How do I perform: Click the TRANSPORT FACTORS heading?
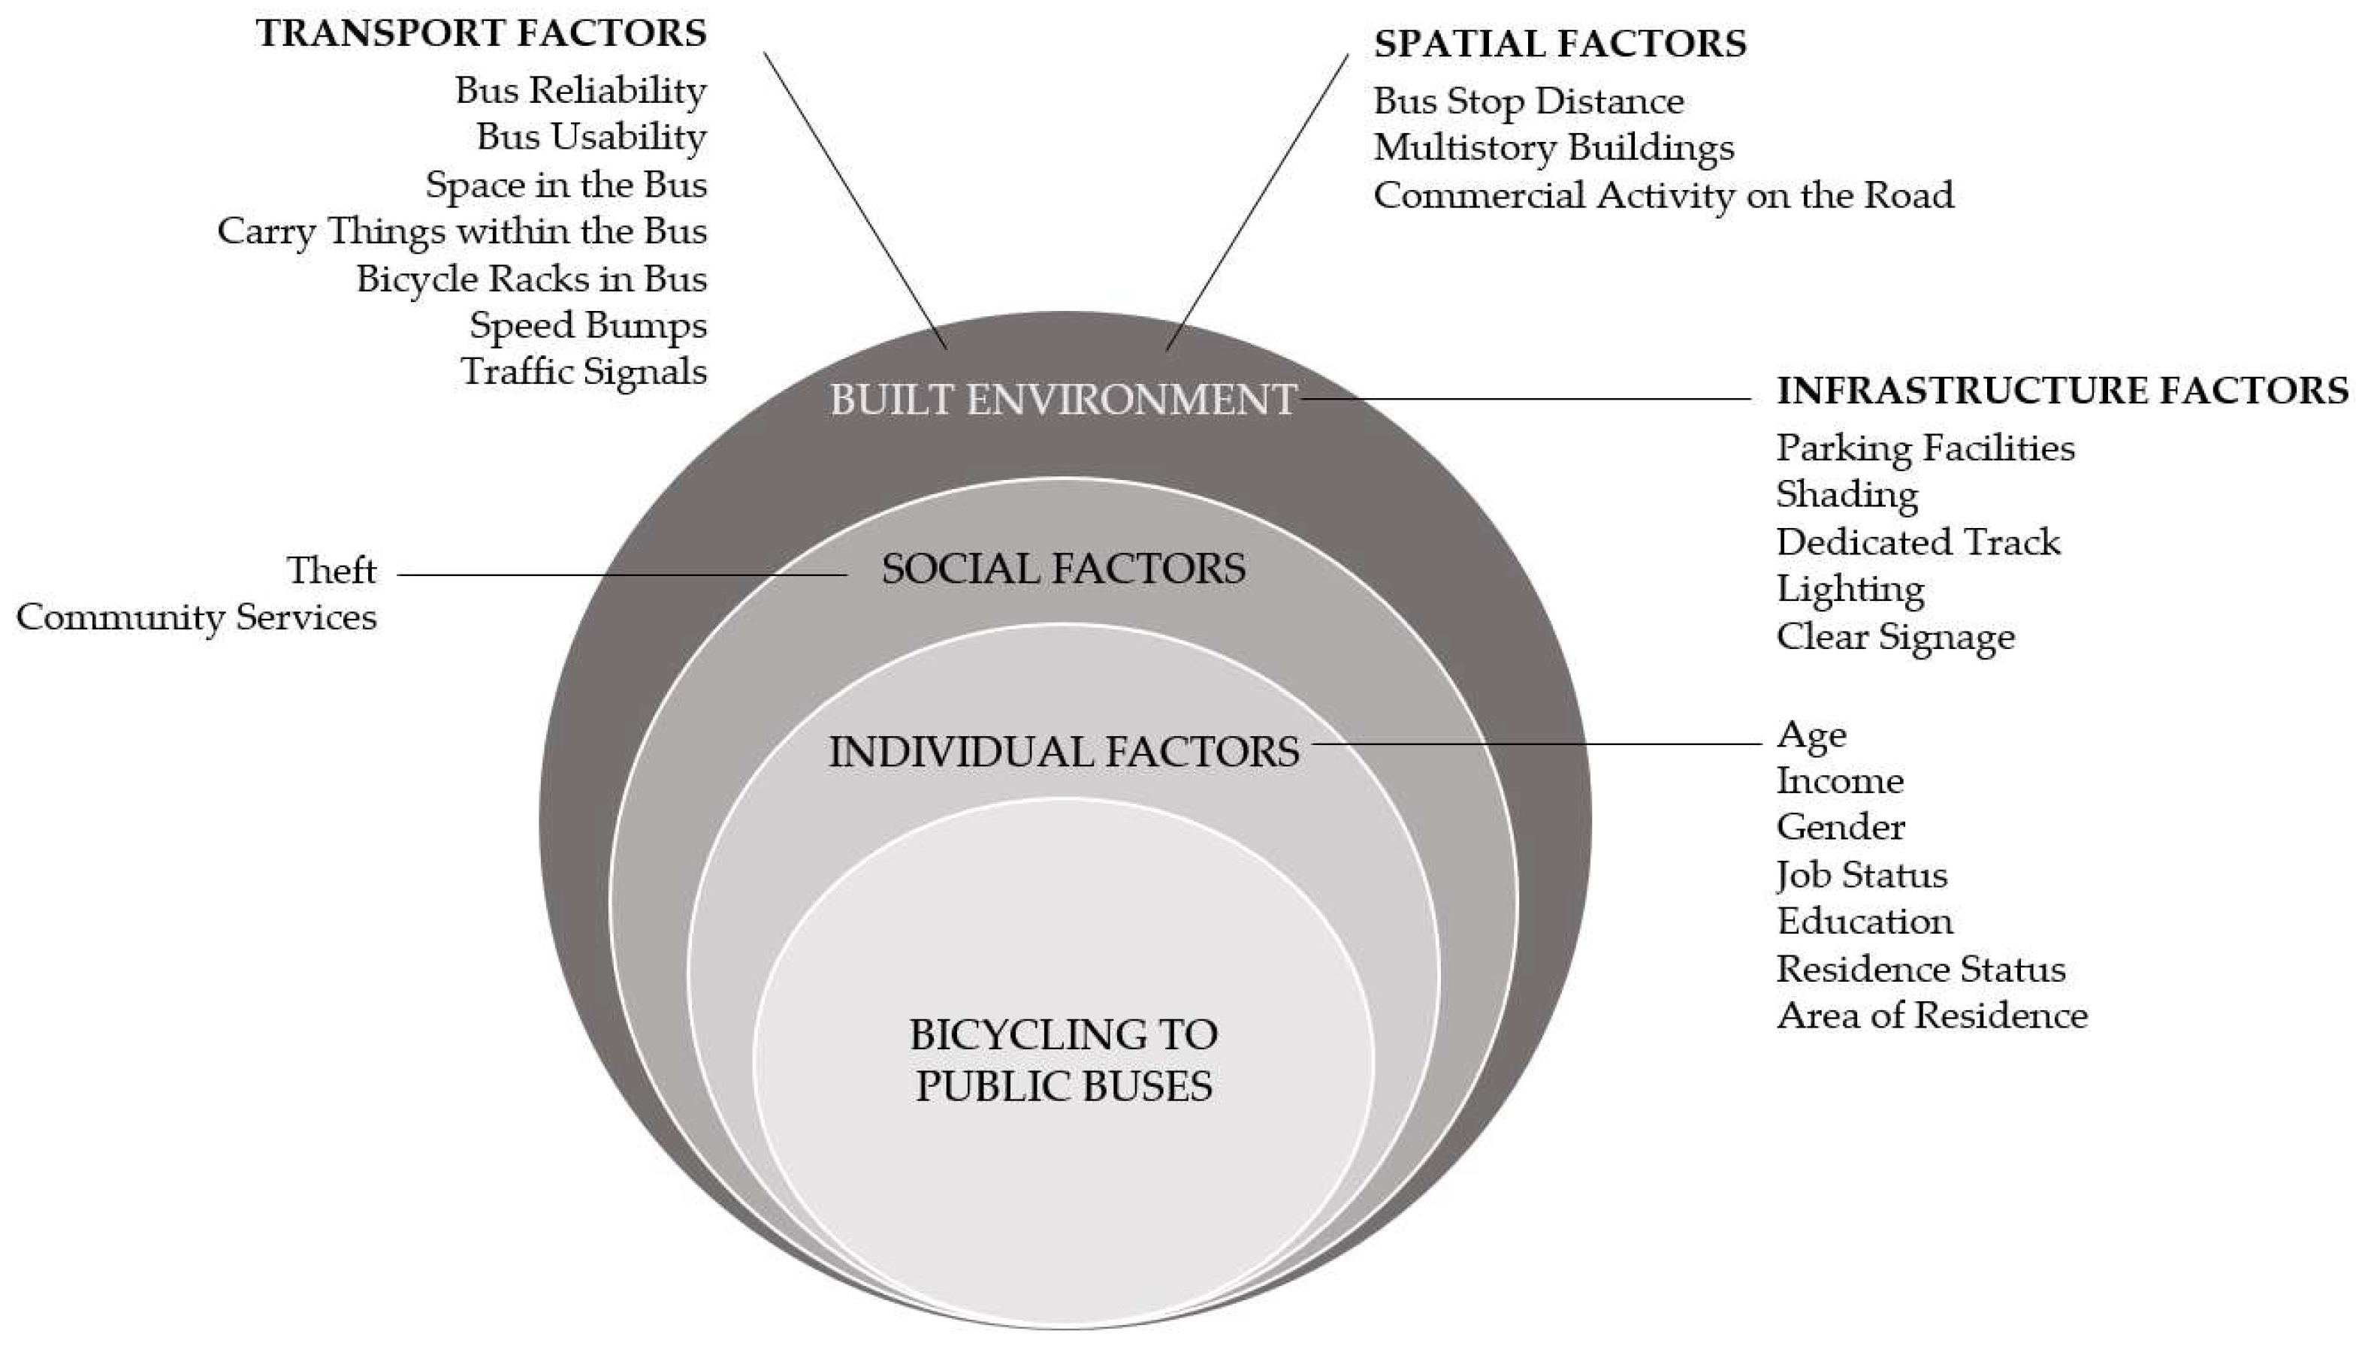pyautogui.click(x=481, y=33)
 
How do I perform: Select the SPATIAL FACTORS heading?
pyautogui.click(x=1560, y=44)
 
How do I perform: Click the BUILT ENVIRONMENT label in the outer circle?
pyautogui.click(x=1062, y=400)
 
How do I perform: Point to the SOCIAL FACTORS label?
pyautogui.click(x=1063, y=569)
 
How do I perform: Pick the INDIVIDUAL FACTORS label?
pyautogui.click(x=1063, y=752)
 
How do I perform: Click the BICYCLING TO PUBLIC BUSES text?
pyautogui.click(x=1063, y=1061)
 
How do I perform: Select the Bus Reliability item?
pyautogui.click(x=581, y=91)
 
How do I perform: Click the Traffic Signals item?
pyautogui.click(x=584, y=372)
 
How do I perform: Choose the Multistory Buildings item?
pyautogui.click(x=1554, y=148)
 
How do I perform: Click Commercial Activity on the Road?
pyautogui.click(x=1663, y=195)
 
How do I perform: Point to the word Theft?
pyautogui.click(x=331, y=570)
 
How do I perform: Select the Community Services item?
pyautogui.click(x=197, y=617)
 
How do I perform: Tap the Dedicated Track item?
pyautogui.click(x=1918, y=542)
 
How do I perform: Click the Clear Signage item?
pyautogui.click(x=1895, y=637)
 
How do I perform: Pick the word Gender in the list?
pyautogui.click(x=1840, y=826)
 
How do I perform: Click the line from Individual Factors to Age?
pyautogui.click(x=1535, y=744)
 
